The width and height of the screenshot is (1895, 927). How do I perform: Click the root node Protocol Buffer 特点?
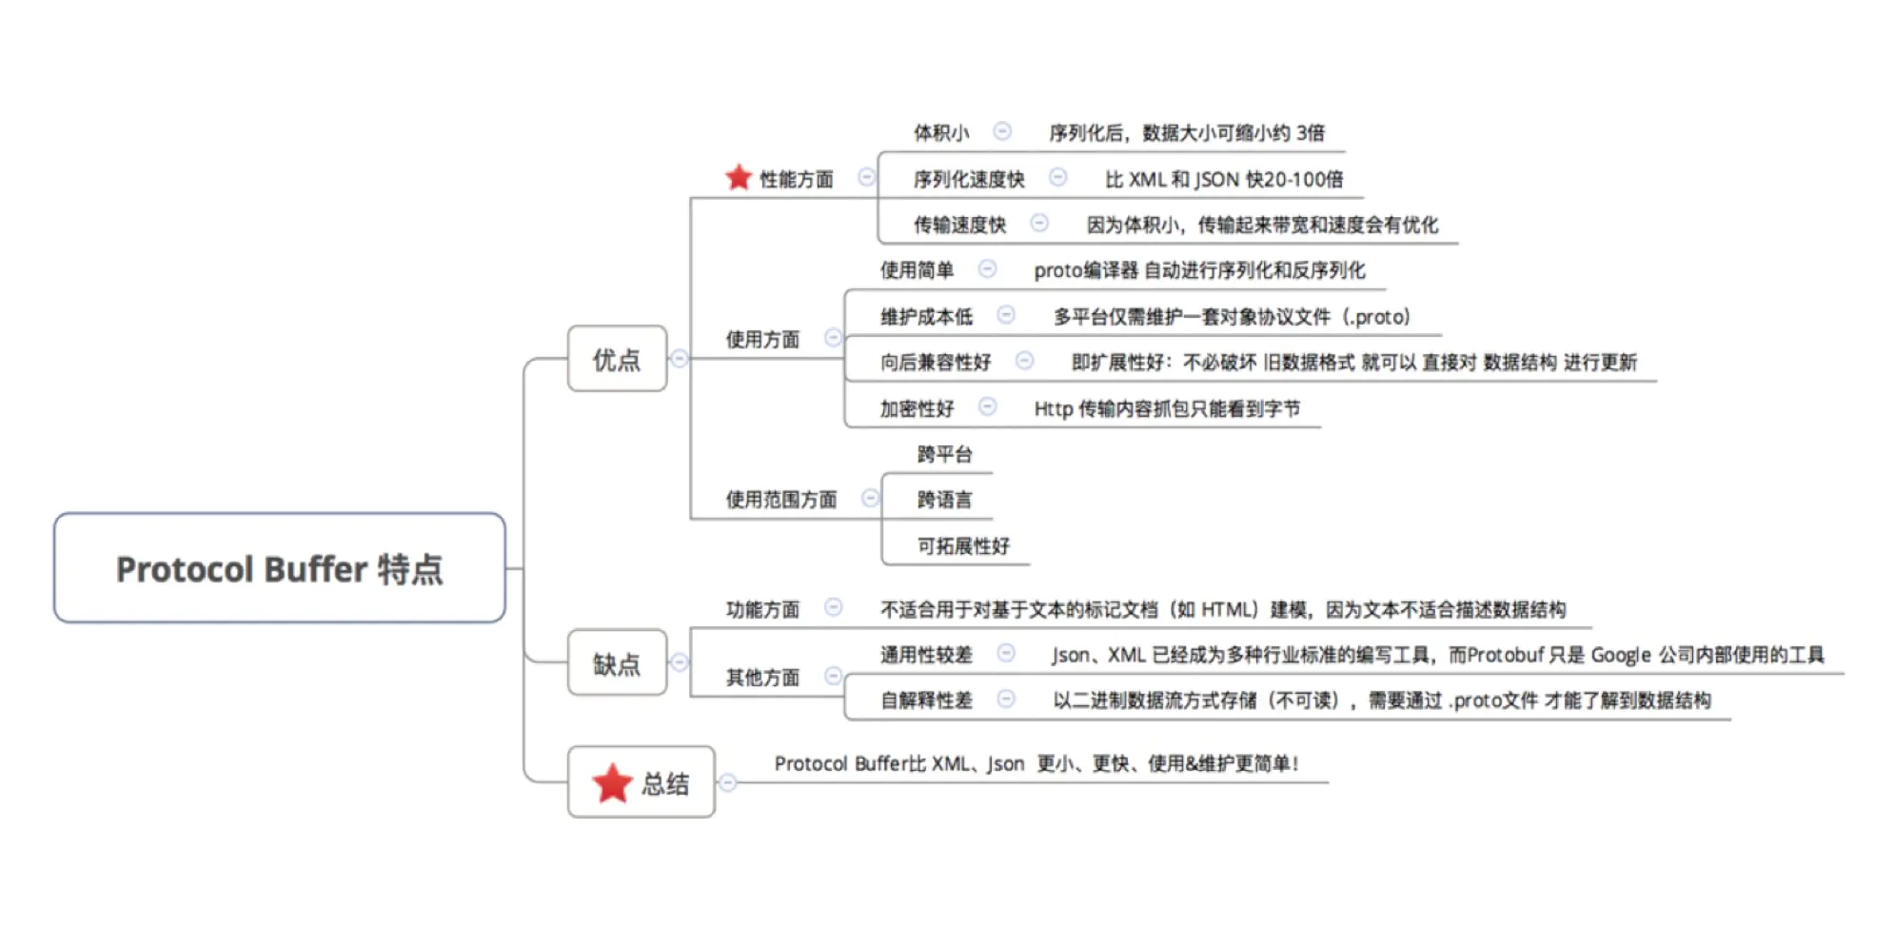(279, 568)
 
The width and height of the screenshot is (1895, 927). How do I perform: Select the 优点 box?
(617, 359)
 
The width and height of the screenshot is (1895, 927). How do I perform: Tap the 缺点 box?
(617, 662)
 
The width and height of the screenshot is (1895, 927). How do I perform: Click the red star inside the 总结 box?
(612, 783)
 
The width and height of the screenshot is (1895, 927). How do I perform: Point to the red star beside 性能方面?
(739, 177)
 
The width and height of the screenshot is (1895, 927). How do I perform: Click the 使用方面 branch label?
(762, 339)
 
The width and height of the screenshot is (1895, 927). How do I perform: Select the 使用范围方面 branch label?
(780, 499)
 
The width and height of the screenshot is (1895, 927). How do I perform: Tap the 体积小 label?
(940, 132)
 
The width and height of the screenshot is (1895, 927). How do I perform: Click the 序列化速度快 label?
(968, 179)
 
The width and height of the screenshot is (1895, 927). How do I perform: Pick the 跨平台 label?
(944, 454)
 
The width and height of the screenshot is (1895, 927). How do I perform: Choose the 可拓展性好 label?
(962, 545)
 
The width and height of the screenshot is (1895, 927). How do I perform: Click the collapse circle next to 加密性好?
(988, 407)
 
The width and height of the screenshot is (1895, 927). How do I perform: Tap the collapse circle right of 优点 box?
(679, 359)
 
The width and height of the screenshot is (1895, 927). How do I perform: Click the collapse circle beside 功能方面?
(833, 607)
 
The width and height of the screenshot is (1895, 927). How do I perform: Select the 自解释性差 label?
(925, 700)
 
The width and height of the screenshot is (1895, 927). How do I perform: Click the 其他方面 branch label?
(762, 677)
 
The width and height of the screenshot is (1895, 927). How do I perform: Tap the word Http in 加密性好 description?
(1053, 408)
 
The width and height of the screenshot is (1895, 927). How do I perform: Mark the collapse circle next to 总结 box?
(728, 782)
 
